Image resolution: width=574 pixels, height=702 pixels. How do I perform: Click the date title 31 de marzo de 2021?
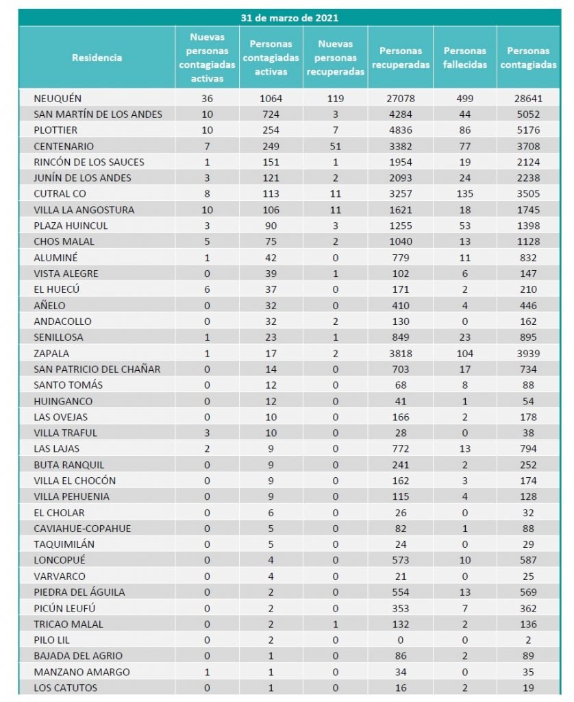tap(289, 18)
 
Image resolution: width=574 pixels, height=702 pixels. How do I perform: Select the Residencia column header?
tap(97, 58)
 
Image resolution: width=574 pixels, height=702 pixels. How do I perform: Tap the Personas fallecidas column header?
tap(464, 58)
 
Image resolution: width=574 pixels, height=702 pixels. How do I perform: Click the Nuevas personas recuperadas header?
tap(336, 58)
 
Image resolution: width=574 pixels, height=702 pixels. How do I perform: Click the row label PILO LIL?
tap(53, 640)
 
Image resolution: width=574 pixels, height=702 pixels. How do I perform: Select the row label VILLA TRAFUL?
tap(65, 433)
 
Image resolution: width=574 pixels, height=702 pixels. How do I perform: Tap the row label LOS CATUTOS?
tap(65, 688)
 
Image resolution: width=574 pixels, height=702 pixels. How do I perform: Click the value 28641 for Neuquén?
tap(527, 99)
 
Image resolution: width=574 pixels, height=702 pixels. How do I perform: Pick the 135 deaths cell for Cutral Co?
tap(464, 194)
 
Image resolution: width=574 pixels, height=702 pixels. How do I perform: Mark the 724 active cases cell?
tap(271, 114)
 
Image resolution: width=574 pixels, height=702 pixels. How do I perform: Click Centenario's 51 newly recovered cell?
tap(335, 146)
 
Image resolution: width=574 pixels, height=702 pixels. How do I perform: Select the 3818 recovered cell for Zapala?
tap(401, 353)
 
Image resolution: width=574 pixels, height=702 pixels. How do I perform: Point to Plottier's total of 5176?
tap(527, 130)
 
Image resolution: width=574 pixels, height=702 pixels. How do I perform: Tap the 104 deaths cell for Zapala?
tap(464, 353)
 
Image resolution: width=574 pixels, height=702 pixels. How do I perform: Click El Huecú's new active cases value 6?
tap(207, 289)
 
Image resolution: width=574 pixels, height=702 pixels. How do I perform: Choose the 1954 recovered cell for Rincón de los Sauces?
tap(401, 162)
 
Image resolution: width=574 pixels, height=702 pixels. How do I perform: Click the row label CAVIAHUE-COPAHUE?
tap(82, 529)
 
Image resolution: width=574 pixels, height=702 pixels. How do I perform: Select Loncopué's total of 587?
tap(527, 560)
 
